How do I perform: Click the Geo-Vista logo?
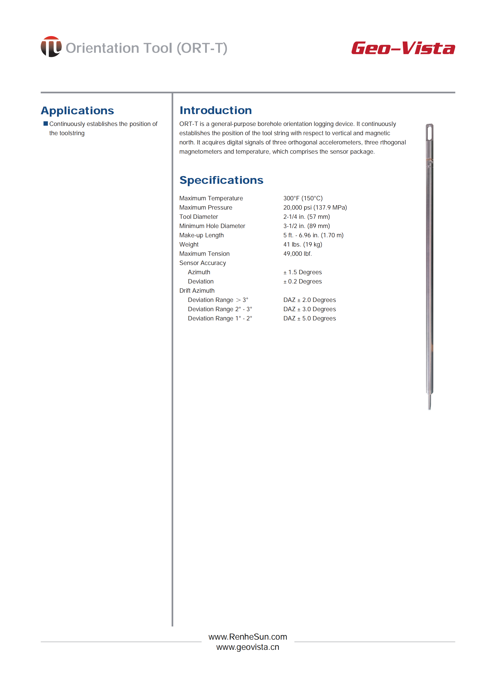coord(403,48)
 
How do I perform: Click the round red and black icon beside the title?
coord(51,47)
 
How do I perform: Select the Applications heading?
coord(77,111)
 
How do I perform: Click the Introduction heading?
coord(216,110)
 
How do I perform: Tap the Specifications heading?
coord(221,180)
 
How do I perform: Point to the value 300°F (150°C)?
coord(303,198)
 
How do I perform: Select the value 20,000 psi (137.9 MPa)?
coord(315,207)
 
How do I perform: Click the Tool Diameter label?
coord(199,217)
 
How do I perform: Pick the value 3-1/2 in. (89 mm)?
coord(306,226)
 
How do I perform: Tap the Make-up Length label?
coord(201,235)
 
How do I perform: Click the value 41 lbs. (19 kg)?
coord(302,244)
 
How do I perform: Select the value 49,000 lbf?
coord(297,254)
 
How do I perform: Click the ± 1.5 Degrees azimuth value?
coord(302,272)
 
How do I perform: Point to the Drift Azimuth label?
coord(197,291)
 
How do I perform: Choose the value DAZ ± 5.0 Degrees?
coord(309,318)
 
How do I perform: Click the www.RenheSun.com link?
coord(248,637)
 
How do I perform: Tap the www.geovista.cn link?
coord(248,647)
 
